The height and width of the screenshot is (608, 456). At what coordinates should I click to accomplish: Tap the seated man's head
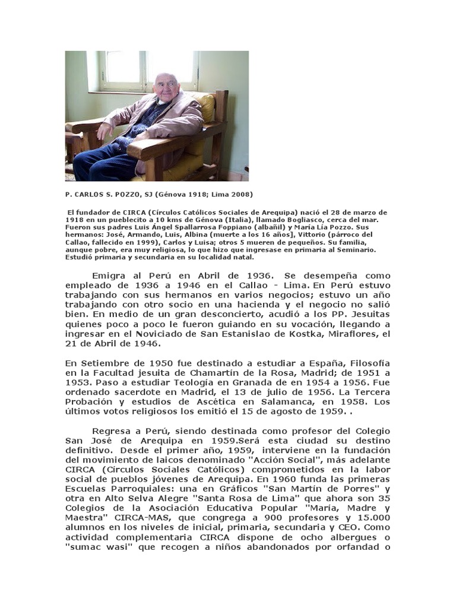pyautogui.click(x=166, y=87)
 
